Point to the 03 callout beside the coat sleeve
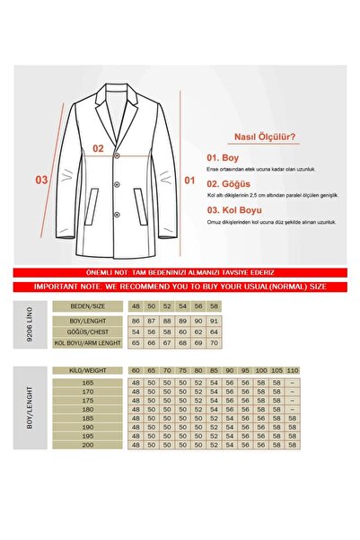coord(41,180)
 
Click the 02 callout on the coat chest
coord(99,149)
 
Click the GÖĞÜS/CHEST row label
coord(93,332)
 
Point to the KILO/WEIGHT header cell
coord(93,369)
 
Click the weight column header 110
coord(294,369)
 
